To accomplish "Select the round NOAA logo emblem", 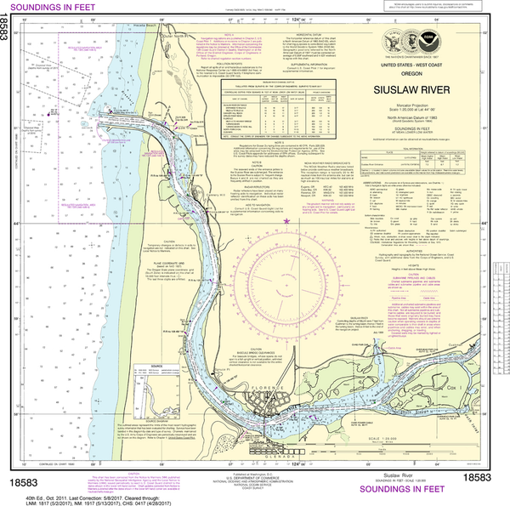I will [x=415, y=39].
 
